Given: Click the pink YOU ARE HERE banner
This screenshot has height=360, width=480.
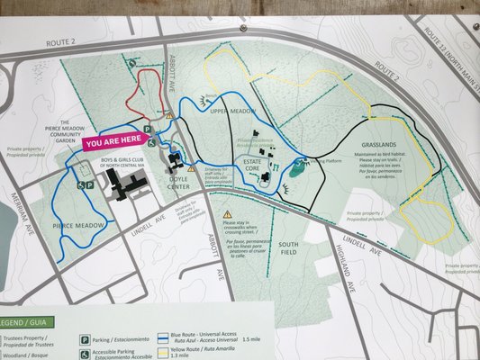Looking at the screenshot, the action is click(113, 139).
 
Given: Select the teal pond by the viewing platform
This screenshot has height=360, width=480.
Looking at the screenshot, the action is click(298, 168).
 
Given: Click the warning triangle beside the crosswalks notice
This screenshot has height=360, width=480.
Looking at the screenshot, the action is click(227, 215).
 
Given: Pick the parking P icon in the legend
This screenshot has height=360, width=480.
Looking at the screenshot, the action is click(85, 340).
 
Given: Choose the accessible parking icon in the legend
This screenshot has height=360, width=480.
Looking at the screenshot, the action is click(85, 354).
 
